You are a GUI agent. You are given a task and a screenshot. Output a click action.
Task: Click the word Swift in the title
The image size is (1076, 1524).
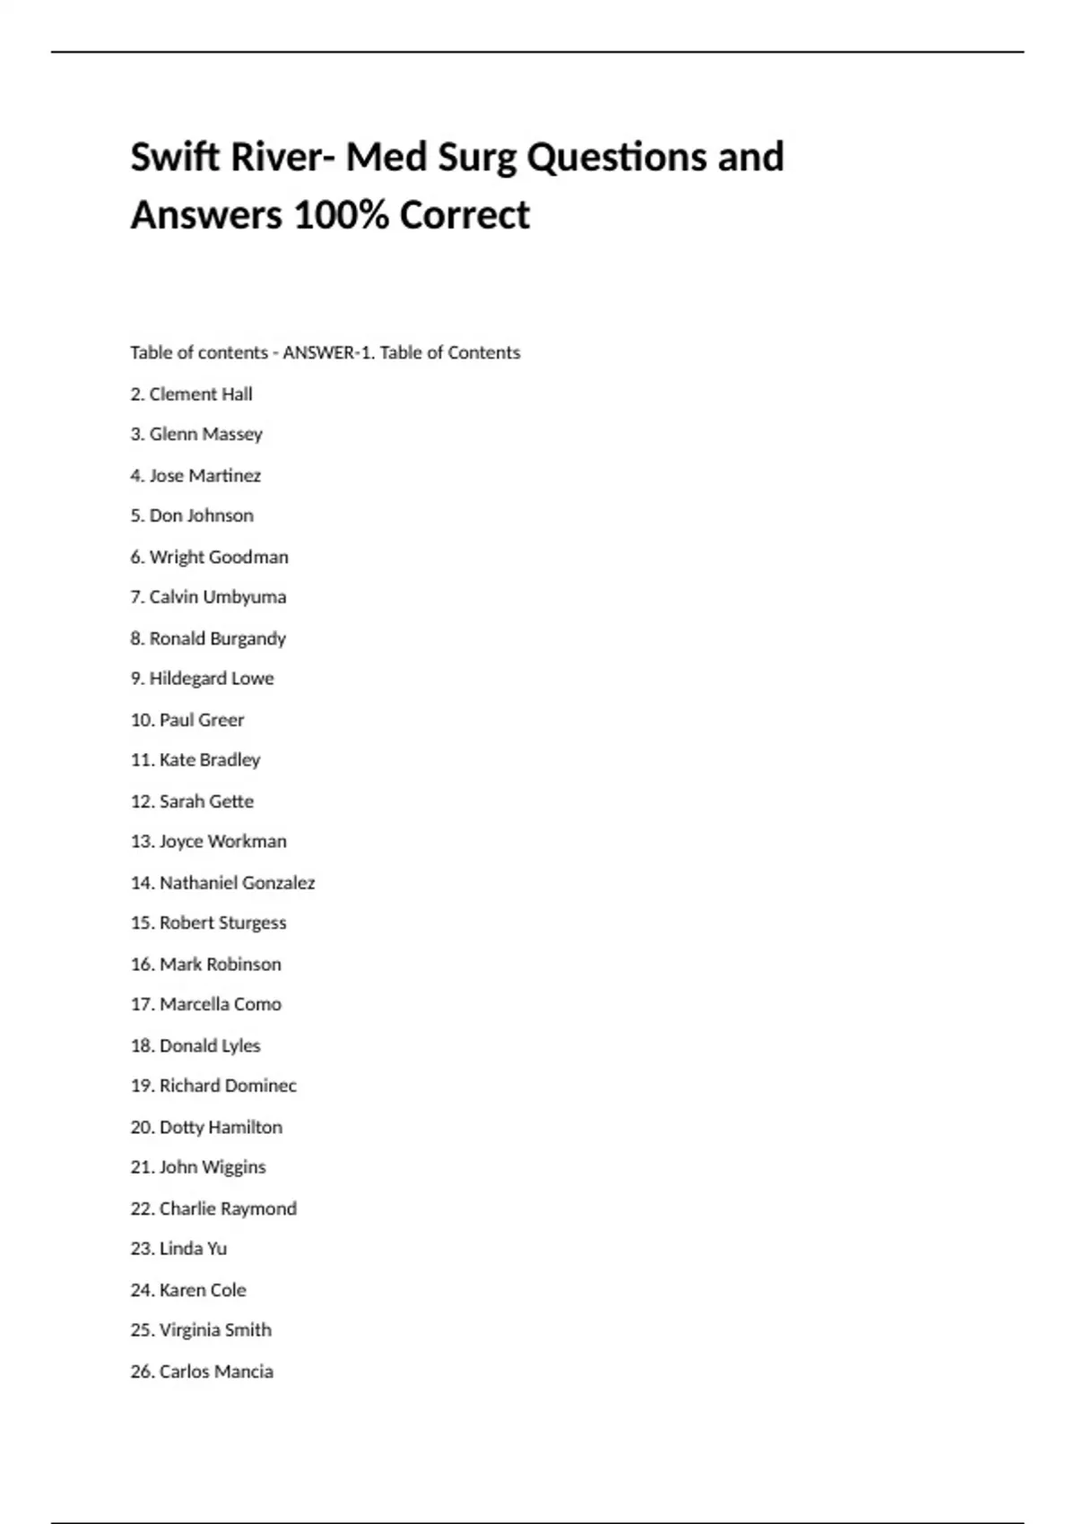click(x=175, y=157)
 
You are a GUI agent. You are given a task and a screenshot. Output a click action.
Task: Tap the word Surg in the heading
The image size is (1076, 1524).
click(x=476, y=159)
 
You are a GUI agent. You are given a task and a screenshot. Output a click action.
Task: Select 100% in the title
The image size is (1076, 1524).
click(x=340, y=215)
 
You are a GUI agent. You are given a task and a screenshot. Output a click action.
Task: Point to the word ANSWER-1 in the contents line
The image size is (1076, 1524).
click(x=327, y=352)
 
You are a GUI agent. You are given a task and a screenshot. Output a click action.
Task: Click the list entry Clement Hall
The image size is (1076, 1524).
click(x=200, y=394)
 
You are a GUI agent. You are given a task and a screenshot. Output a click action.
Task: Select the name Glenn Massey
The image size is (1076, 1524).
click(x=205, y=434)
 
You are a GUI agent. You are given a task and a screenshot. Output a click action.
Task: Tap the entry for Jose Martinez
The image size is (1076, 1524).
click(x=204, y=475)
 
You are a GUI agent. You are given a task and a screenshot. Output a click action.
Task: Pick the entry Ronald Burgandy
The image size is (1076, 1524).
click(x=217, y=638)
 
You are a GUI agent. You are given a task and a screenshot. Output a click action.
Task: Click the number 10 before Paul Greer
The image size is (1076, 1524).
click(x=142, y=720)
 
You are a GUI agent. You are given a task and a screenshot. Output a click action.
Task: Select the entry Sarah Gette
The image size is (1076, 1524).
click(x=206, y=801)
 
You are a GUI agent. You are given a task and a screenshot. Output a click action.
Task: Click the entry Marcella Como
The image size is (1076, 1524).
click(x=220, y=1004)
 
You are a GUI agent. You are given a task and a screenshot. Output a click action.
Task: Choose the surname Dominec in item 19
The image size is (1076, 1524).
click(x=261, y=1086)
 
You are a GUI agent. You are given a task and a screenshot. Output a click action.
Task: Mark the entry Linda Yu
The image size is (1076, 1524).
click(x=193, y=1249)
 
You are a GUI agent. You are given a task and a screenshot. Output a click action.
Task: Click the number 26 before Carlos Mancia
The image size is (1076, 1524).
click(x=142, y=1372)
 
